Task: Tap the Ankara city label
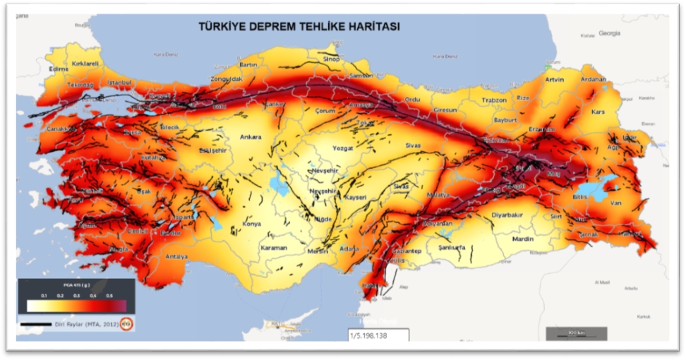pyautogui.click(x=251, y=137)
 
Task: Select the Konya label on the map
pyautogui.click(x=251, y=224)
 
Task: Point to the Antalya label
pyautogui.click(x=176, y=256)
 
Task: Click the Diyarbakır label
pyautogui.click(x=507, y=215)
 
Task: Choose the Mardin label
pyautogui.click(x=523, y=239)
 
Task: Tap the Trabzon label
pyautogui.click(x=494, y=100)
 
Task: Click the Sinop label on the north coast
pyautogui.click(x=331, y=59)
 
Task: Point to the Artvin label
pyautogui.click(x=555, y=80)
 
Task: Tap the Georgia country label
pyautogui.click(x=609, y=33)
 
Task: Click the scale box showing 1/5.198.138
pyautogui.click(x=376, y=335)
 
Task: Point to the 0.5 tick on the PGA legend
pyautogui.click(x=109, y=295)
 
